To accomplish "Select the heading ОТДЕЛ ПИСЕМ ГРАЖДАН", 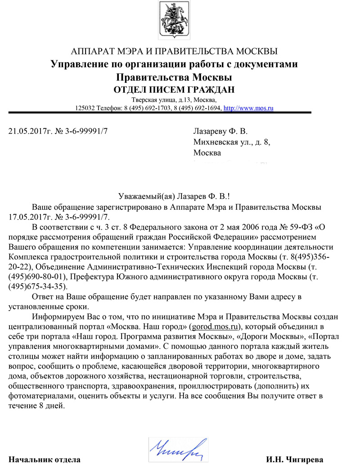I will click(174, 89).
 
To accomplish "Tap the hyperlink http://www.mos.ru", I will click(248, 108).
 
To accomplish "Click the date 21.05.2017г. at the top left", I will click(30, 131).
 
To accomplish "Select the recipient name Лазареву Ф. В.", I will click(220, 131).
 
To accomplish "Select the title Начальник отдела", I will click(45, 460).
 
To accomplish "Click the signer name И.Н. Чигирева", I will click(294, 460).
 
